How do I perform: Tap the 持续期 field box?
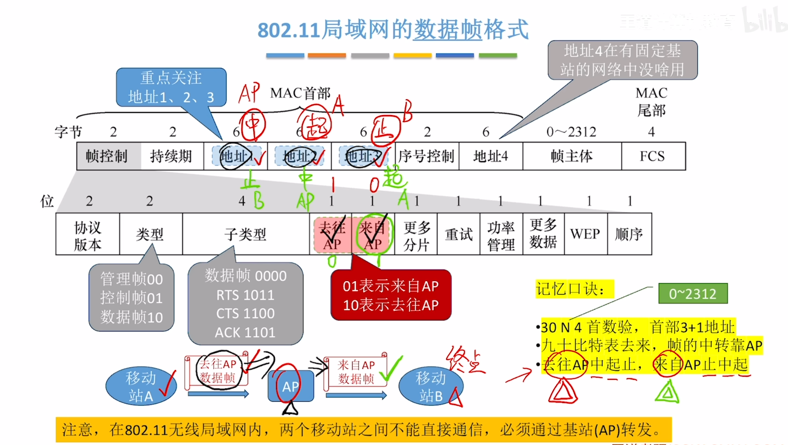[x=172, y=156]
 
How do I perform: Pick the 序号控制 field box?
[x=427, y=156]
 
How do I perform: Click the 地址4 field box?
[x=490, y=156]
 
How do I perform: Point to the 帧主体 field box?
[x=572, y=156]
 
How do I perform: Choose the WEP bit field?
[x=586, y=234]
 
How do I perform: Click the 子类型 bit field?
[x=246, y=234]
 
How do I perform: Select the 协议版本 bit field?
[x=88, y=234]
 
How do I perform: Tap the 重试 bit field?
[x=458, y=234]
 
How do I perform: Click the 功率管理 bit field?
[x=501, y=234]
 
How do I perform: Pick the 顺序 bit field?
[x=629, y=234]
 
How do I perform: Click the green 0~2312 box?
[x=693, y=294]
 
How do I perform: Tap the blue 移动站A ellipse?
[x=141, y=386]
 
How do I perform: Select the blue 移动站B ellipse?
[x=431, y=386]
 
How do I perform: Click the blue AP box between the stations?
[x=290, y=386]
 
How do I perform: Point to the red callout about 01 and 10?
[x=391, y=295]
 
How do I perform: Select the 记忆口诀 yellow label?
[x=574, y=289]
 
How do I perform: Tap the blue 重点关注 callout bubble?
[x=171, y=87]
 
